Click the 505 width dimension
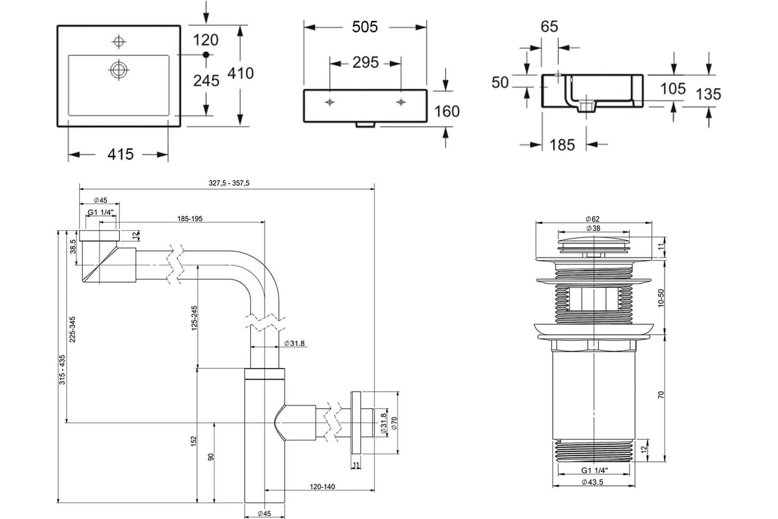point(364,27)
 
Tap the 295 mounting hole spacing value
point(366,62)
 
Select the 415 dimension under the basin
point(121,154)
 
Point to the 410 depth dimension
point(241,73)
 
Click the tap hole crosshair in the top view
point(119,42)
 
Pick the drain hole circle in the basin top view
point(119,69)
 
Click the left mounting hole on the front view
point(329,103)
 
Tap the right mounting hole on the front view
point(401,103)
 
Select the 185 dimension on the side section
point(562,145)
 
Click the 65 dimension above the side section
point(550,27)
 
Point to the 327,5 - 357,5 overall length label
point(229,183)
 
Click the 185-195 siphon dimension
point(189,219)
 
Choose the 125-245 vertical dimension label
point(194,318)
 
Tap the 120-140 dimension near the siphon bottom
point(322,487)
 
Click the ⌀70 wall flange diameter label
point(394,424)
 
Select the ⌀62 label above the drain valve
point(593,219)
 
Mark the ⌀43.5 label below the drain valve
point(593,482)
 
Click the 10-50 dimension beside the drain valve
point(661,298)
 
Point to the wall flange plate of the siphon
point(356,423)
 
